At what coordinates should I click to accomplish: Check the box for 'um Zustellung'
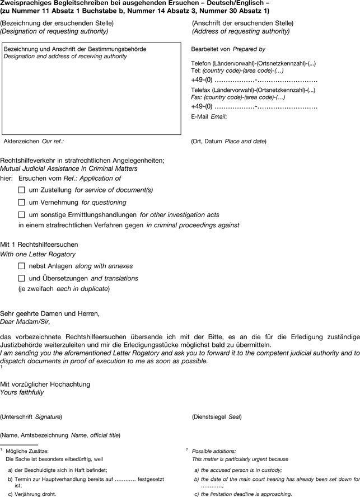[22, 190]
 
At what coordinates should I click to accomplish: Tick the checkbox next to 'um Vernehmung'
[22, 203]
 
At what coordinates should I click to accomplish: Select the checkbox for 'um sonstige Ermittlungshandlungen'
[22, 214]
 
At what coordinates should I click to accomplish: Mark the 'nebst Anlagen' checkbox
[22, 266]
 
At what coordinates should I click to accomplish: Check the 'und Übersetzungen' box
[22, 278]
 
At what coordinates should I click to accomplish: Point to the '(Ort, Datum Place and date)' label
[228, 142]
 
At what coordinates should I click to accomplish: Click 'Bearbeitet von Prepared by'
[228, 49]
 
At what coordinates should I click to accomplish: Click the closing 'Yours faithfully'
[22, 392]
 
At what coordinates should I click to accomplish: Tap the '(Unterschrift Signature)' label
[31, 417]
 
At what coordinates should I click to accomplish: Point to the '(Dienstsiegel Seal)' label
[217, 417]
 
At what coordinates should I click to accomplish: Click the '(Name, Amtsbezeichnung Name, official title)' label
[60, 435]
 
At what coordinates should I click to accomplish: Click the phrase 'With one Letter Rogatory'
[38, 254]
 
